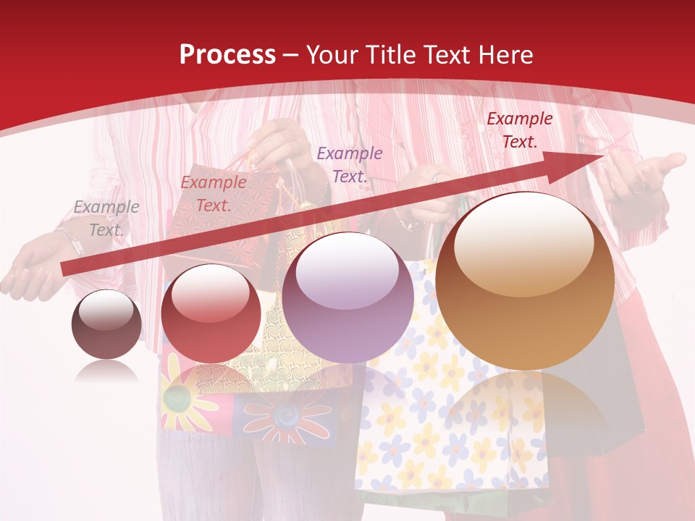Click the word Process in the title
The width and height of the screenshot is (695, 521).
tap(227, 55)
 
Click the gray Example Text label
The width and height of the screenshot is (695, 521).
tap(106, 219)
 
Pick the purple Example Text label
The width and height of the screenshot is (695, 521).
tap(350, 164)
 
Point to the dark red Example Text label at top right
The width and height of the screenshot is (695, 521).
tap(519, 130)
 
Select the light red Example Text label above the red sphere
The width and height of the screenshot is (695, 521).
tap(214, 194)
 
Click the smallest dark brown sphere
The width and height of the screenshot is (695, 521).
tap(106, 325)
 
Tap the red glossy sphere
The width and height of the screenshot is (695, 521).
tap(211, 313)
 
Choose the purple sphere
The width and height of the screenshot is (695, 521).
tap(348, 297)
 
